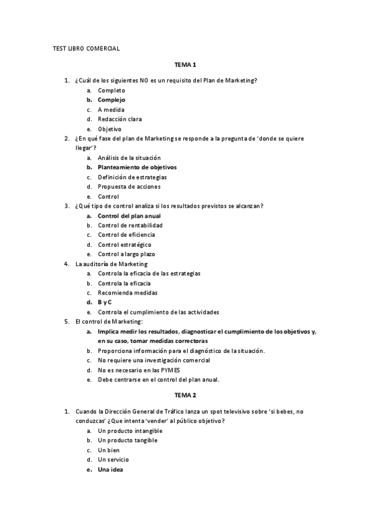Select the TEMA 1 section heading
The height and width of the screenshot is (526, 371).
pyautogui.click(x=185, y=65)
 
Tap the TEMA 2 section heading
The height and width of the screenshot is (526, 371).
pyautogui.click(x=185, y=394)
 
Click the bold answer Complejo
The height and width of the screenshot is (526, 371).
pyautogui.click(x=111, y=100)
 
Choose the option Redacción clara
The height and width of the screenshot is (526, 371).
pyautogui.click(x=120, y=119)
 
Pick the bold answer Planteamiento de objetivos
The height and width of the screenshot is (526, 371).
pyautogui.click(x=137, y=167)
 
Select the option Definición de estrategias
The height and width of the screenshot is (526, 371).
pyautogui.click(x=132, y=177)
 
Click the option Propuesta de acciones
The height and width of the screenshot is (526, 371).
pyautogui.click(x=129, y=187)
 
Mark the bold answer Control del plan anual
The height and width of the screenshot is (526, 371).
pyautogui.click(x=129, y=216)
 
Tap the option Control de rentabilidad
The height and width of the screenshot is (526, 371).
pyautogui.click(x=130, y=225)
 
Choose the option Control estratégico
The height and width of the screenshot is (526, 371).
pyautogui.click(x=124, y=244)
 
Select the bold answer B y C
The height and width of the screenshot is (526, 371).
pyautogui.click(x=105, y=302)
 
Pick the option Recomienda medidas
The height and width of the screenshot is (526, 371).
pyautogui.click(x=128, y=293)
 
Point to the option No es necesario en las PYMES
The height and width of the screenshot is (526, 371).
pyautogui.click(x=134, y=370)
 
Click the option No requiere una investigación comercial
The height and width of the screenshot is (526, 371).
pyautogui.click(x=154, y=360)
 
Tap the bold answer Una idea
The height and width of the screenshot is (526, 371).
pyautogui.click(x=111, y=470)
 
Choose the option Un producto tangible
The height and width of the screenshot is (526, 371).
pyautogui.click(x=128, y=440)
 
